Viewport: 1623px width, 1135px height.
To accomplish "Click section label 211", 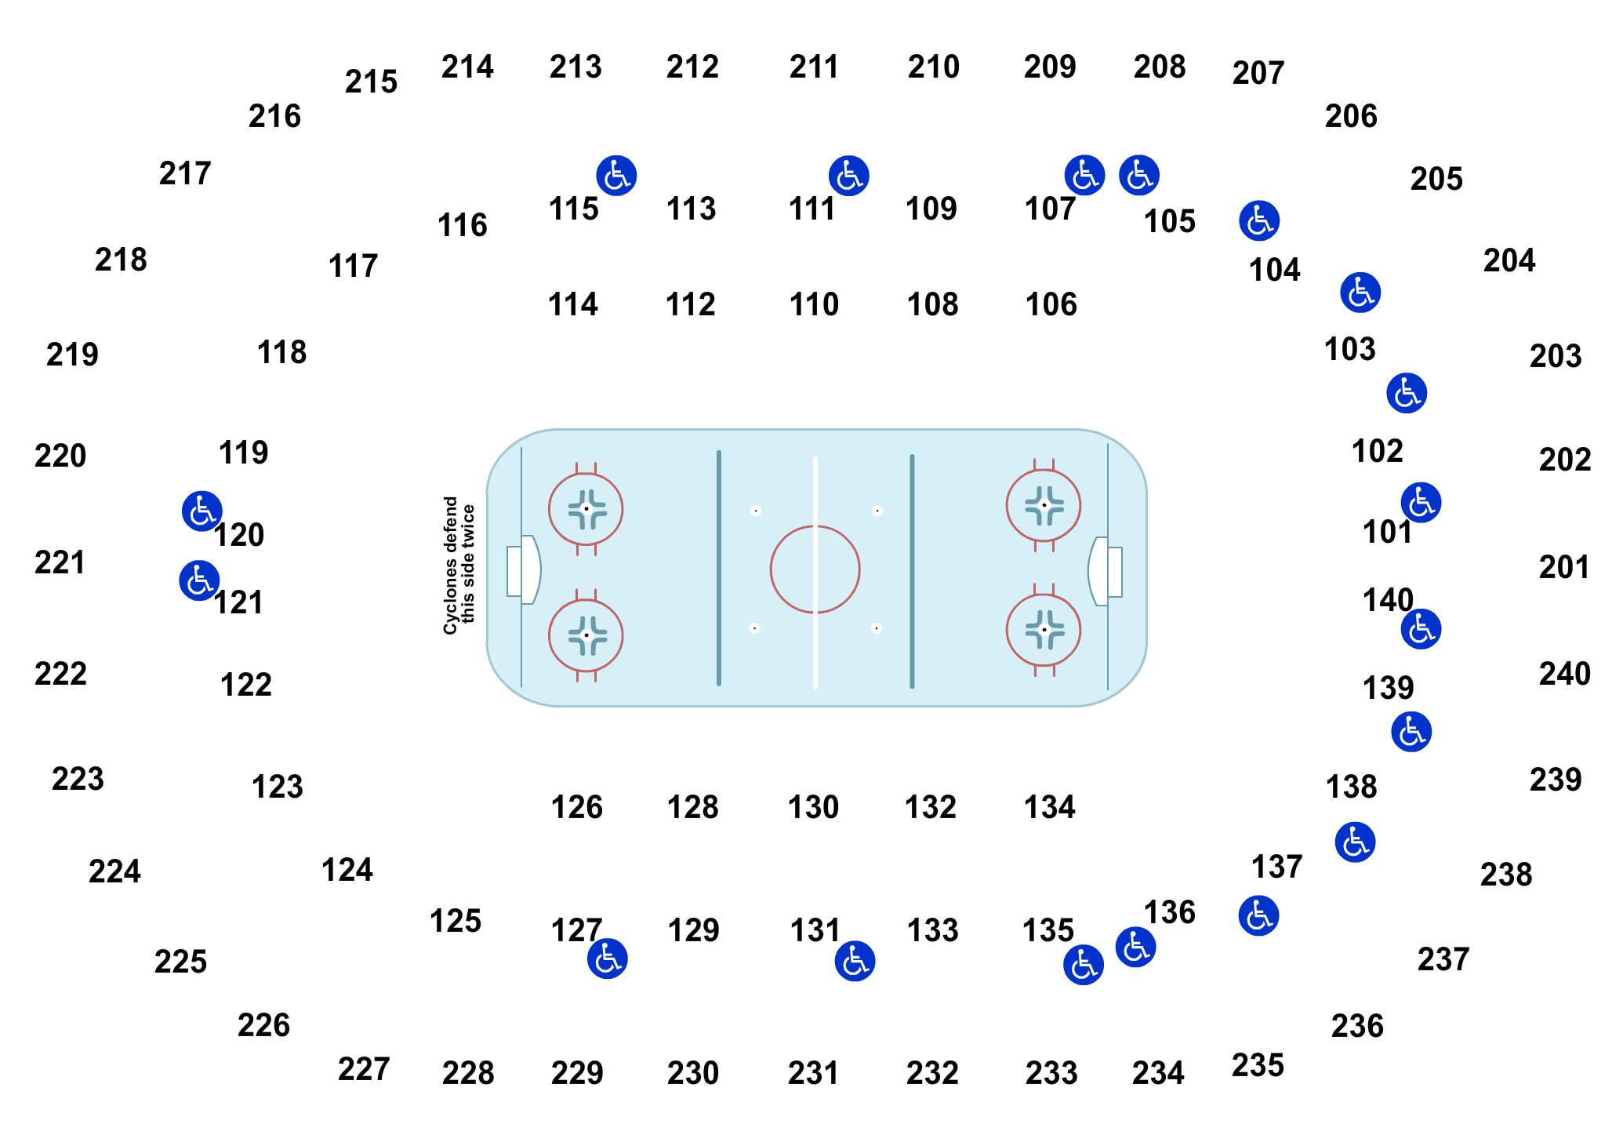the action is pyautogui.click(x=814, y=67).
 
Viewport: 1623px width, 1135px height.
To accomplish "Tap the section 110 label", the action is pyautogui.click(x=814, y=304).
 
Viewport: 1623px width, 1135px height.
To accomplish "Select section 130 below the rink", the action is pyautogui.click(x=813, y=807).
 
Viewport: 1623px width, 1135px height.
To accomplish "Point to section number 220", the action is pyautogui.click(x=60, y=456).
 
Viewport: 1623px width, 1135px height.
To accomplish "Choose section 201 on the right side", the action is pyautogui.click(x=1564, y=567).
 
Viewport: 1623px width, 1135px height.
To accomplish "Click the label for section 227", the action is pyautogui.click(x=364, y=1069).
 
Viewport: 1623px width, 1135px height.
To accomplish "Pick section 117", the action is pyautogui.click(x=353, y=266).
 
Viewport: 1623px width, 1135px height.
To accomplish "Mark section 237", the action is pyautogui.click(x=1443, y=959).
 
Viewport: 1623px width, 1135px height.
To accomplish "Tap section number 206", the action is pyautogui.click(x=1351, y=116).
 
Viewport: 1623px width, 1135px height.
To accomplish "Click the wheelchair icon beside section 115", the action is pyautogui.click(x=616, y=175).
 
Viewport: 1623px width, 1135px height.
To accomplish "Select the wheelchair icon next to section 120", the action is pyautogui.click(x=202, y=511).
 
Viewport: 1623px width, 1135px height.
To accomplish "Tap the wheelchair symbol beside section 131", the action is pyautogui.click(x=855, y=961).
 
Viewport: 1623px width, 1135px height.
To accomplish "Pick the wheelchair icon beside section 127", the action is pyautogui.click(x=608, y=959).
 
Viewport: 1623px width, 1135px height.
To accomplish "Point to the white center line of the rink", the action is pyautogui.click(x=815, y=573).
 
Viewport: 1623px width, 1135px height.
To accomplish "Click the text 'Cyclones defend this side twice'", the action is pyautogui.click(x=459, y=565).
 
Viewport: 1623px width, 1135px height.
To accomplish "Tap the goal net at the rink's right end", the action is pyautogui.click(x=1114, y=572).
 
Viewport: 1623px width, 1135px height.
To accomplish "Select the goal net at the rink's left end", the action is pyautogui.click(x=514, y=572).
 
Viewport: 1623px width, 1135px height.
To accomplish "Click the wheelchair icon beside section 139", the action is pyautogui.click(x=1411, y=732).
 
